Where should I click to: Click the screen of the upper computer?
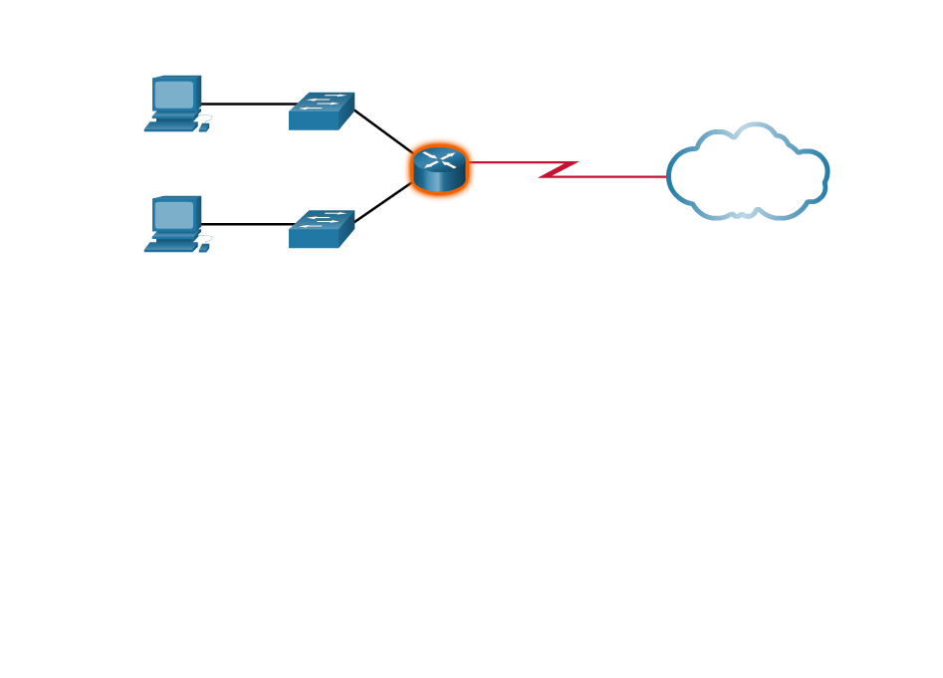pyautogui.click(x=174, y=95)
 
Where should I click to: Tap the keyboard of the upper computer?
pyautogui.click(x=171, y=126)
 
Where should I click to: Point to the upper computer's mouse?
pyautogui.click(x=204, y=127)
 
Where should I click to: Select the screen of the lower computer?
pyautogui.click(x=174, y=215)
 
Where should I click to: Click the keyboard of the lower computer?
pyautogui.click(x=171, y=247)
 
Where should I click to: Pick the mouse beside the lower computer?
pyautogui.click(x=204, y=248)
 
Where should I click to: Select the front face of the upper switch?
pyautogui.click(x=313, y=120)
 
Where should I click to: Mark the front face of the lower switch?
pyautogui.click(x=313, y=239)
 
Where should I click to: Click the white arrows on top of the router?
pyautogui.click(x=439, y=158)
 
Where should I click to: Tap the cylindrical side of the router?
pyautogui.click(x=439, y=180)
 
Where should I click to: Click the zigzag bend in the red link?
pyautogui.click(x=558, y=169)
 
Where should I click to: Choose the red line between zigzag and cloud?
pyautogui.click(x=617, y=176)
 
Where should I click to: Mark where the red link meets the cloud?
pyautogui.click(x=668, y=176)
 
